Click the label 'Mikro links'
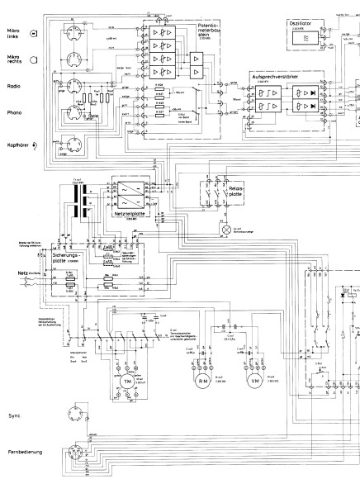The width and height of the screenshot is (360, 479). click(12, 33)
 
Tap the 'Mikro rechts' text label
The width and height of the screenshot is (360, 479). click(13, 59)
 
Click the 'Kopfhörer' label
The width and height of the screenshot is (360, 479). click(16, 145)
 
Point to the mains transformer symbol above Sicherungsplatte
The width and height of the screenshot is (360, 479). click(78, 202)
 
